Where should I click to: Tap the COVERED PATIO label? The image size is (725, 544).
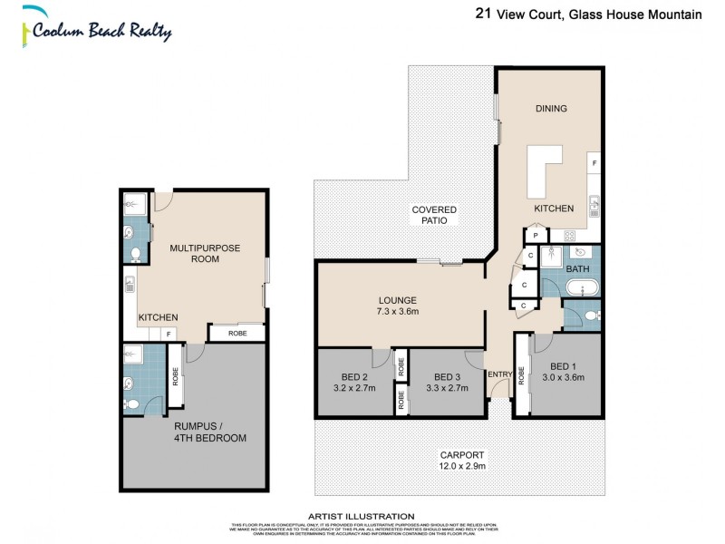[x=434, y=215]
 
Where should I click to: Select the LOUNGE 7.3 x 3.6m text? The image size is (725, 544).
[x=398, y=306]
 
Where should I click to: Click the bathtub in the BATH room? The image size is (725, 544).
[x=578, y=289]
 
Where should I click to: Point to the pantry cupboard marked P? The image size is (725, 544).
[x=536, y=235]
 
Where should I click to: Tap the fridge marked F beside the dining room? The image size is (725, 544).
[x=594, y=163]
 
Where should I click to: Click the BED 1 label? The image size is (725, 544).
[x=563, y=372]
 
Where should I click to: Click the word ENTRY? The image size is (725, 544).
[x=499, y=375]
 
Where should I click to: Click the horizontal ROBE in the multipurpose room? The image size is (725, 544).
[x=237, y=334]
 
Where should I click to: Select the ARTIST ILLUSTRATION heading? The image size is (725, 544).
[x=362, y=516]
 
